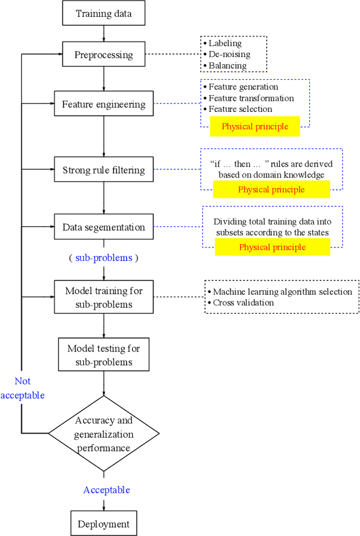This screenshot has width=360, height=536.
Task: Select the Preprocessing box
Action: [x=103, y=55]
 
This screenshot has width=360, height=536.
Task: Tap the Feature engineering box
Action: [x=103, y=104]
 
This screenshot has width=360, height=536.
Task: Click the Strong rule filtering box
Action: [x=103, y=170]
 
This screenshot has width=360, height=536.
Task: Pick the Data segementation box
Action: [x=103, y=227]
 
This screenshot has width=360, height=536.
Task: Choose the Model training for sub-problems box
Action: [x=103, y=298]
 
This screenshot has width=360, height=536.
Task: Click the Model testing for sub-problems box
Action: [x=103, y=355]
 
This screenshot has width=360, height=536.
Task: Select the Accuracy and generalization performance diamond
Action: [x=103, y=434]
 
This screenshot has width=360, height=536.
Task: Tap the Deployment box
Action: [x=103, y=524]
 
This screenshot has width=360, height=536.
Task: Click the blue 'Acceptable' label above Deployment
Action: [x=106, y=490]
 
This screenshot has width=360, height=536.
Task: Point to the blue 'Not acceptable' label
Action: [x=22, y=388]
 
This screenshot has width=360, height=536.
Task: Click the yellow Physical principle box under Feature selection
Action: [x=255, y=127]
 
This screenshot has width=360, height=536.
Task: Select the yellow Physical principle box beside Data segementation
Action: [x=272, y=247]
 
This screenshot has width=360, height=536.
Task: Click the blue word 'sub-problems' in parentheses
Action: [x=104, y=258]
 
